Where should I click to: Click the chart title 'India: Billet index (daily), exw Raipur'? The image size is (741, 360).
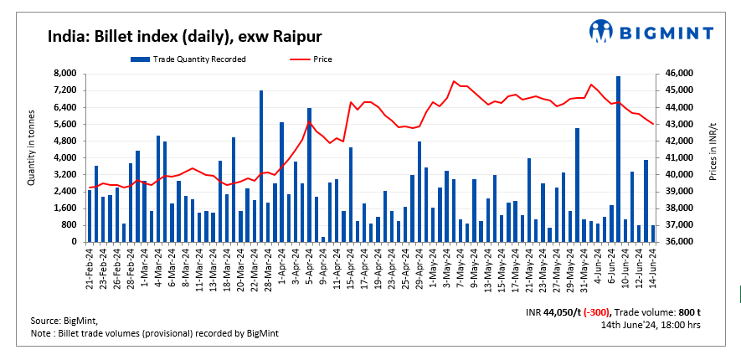coord(184,36)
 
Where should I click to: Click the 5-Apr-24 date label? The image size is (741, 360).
coord(309,266)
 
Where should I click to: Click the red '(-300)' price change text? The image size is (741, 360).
coord(608,311)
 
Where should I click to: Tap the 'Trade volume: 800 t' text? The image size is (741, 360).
coord(667,311)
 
